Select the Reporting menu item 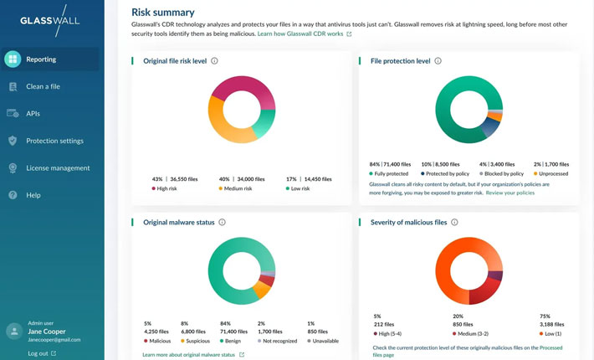click(x=41, y=59)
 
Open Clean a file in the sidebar click(x=43, y=86)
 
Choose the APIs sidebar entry click(x=33, y=113)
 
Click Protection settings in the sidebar click(x=54, y=141)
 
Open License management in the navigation click(x=58, y=167)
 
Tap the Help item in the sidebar click(x=33, y=195)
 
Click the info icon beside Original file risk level click(x=215, y=61)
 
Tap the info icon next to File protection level click(x=438, y=61)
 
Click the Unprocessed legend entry click(x=553, y=172)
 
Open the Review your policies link click(x=510, y=193)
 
